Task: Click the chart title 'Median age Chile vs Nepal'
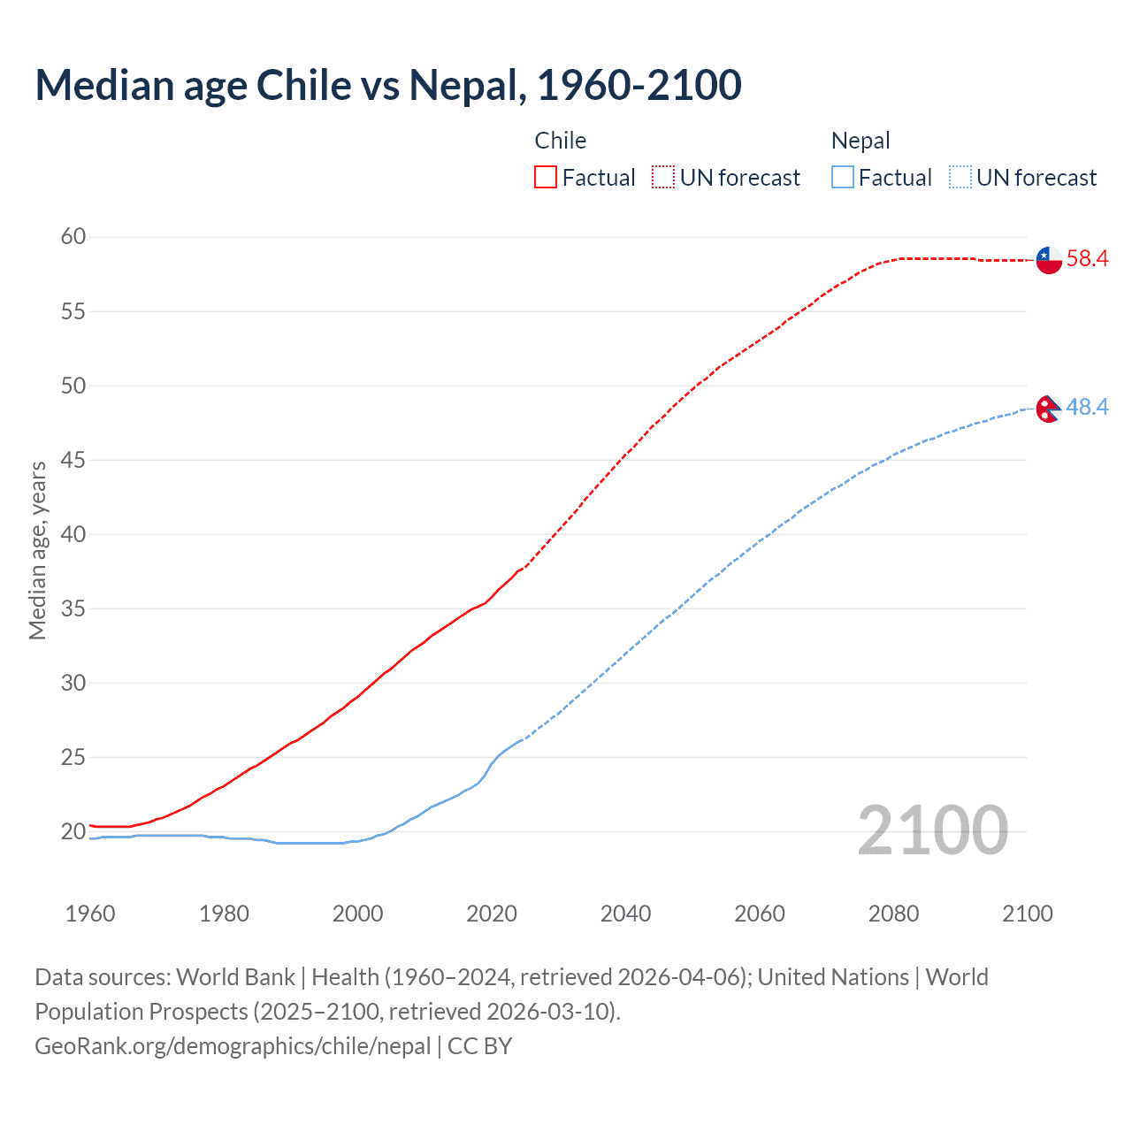pos(387,85)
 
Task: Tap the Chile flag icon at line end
pos(1048,260)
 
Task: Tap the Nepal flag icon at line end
pos(1048,409)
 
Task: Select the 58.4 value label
pos(1087,259)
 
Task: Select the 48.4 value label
pos(1087,408)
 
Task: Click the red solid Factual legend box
pos(546,178)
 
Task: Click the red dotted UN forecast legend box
pos(663,178)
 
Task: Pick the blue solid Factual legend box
pos(843,178)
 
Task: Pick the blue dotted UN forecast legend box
pos(960,178)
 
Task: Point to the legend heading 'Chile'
pos(560,141)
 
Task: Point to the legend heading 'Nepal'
pos(860,141)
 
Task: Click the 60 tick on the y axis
pos(73,236)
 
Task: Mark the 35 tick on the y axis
pos(73,608)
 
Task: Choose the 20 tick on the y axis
pos(73,831)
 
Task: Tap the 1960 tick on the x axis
pos(90,914)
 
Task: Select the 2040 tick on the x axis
pos(625,914)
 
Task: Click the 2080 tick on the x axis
pos(893,914)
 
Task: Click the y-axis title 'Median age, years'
pos(37,550)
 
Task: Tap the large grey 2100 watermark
pos(932,830)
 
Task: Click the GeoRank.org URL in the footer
pos(233,1046)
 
